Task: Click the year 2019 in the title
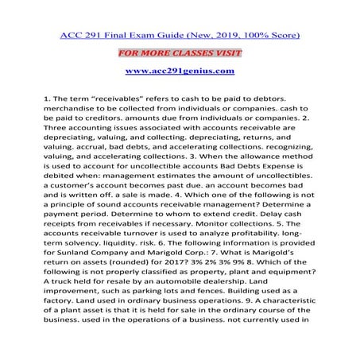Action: pyautogui.click(x=215, y=35)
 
